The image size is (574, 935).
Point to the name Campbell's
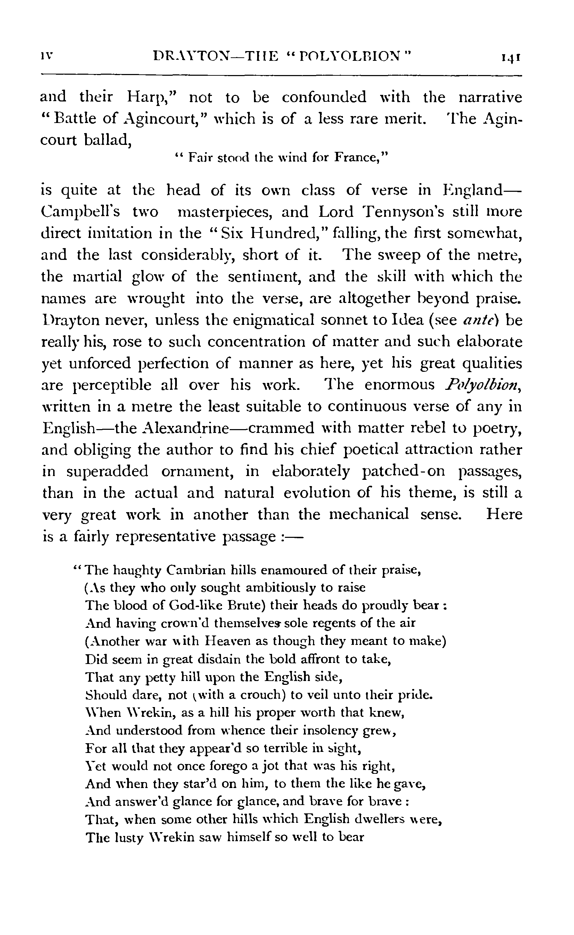(x=80, y=212)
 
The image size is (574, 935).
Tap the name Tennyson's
(x=403, y=212)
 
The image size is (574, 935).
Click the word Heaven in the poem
(x=229, y=641)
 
